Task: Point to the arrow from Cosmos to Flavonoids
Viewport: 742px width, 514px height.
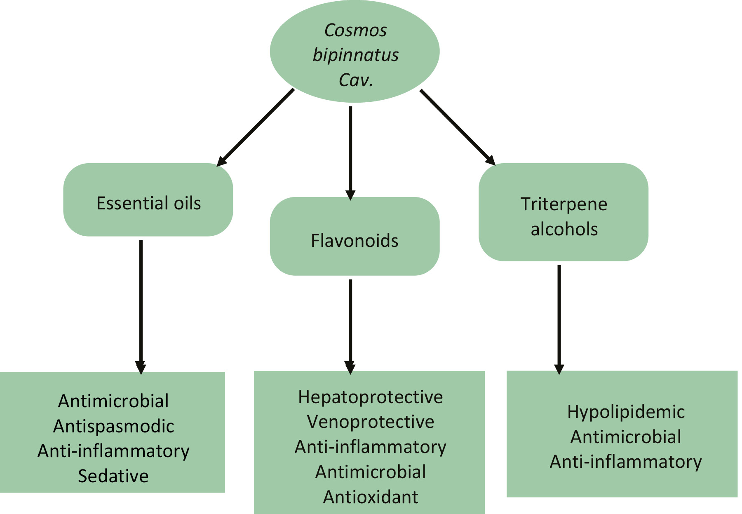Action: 350,153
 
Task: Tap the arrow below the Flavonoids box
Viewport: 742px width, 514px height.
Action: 350,326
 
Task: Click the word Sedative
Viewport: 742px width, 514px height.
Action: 113,476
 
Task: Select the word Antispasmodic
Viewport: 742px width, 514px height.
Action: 113,426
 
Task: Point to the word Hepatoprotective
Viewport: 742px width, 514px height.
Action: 370,397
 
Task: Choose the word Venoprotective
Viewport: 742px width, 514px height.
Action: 370,422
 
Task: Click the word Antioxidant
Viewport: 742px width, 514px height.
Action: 370,497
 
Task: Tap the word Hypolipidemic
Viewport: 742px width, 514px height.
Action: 626,412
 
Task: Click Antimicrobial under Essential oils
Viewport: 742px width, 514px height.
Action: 113,401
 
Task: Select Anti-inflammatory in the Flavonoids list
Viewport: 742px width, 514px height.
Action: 370,447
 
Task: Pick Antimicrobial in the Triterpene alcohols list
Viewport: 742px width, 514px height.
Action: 626,437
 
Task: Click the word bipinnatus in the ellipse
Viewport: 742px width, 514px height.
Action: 355,55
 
